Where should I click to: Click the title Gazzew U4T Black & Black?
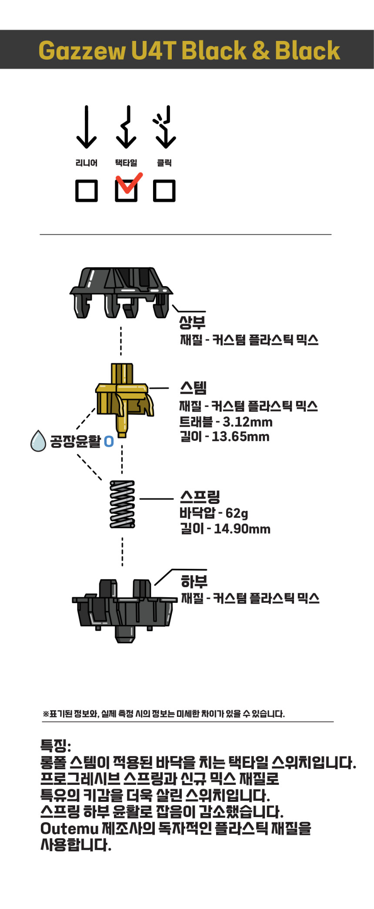[x=189, y=50]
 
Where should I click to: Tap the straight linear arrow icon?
[x=87, y=127]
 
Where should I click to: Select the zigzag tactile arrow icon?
[x=126, y=127]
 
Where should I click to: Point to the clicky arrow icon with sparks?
[x=164, y=127]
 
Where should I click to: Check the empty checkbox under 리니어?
[x=87, y=191]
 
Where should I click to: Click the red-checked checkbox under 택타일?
[x=126, y=191]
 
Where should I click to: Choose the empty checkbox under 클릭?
[x=164, y=191]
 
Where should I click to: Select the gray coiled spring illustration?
[x=122, y=504]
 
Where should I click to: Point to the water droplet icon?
[x=38, y=441]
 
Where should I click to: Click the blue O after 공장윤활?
[x=109, y=442]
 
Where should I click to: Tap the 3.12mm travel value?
[x=247, y=422]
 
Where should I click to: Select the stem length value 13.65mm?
[x=240, y=437]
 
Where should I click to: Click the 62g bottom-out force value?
[x=237, y=514]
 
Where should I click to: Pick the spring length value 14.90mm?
[x=242, y=529]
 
